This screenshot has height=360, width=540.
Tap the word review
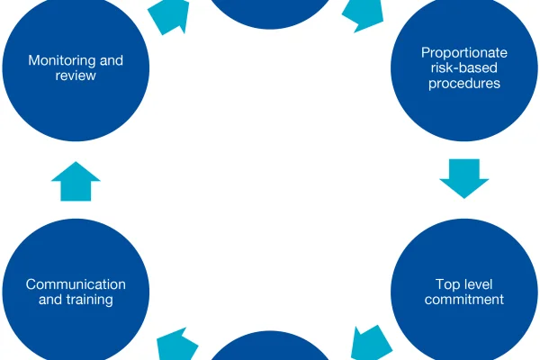[76, 76]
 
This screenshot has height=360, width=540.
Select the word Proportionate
[464, 53]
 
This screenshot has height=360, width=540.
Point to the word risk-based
[464, 67]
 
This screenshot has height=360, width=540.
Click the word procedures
[464, 84]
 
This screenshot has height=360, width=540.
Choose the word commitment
[464, 300]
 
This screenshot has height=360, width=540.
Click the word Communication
[76, 284]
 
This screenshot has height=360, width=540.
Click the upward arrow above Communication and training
[76, 181]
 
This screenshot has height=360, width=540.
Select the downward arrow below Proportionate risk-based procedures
[464, 179]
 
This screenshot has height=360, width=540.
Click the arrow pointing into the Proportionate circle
[364, 14]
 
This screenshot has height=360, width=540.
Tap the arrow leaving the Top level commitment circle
[371, 344]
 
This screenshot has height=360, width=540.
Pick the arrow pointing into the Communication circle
[177, 345]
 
